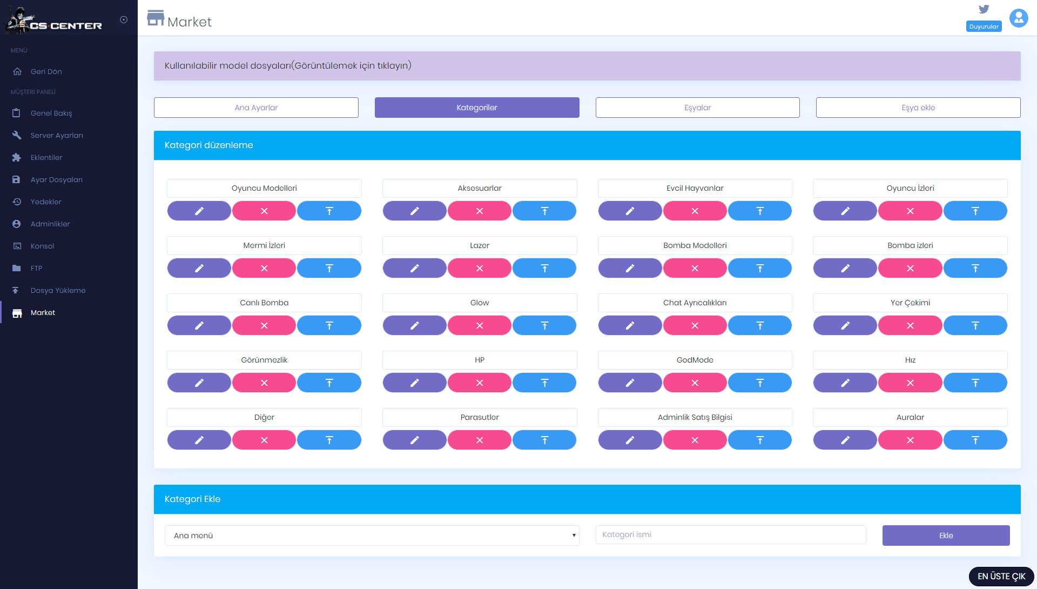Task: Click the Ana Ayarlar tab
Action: pyautogui.click(x=256, y=108)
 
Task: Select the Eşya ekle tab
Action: pyautogui.click(x=918, y=108)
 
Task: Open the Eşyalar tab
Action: pyautogui.click(x=697, y=108)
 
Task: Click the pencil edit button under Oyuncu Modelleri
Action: pyautogui.click(x=199, y=211)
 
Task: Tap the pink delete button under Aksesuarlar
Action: pyautogui.click(x=480, y=211)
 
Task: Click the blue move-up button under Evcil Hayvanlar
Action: pyautogui.click(x=760, y=211)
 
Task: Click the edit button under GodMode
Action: pyautogui.click(x=630, y=383)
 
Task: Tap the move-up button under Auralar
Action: pyautogui.click(x=975, y=440)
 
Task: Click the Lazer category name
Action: pyautogui.click(x=480, y=245)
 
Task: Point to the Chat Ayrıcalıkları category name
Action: pyautogui.click(x=695, y=303)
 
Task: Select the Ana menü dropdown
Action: pyautogui.click(x=372, y=536)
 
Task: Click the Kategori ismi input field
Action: pyautogui.click(x=731, y=534)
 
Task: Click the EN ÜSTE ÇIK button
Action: pyautogui.click(x=1001, y=577)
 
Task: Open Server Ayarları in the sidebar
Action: pyautogui.click(x=57, y=135)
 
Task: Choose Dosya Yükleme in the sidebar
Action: pyautogui.click(x=58, y=290)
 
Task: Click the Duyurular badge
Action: pyautogui.click(x=984, y=26)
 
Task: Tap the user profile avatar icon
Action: pyautogui.click(x=1019, y=18)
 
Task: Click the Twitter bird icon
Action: pyautogui.click(x=984, y=9)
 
